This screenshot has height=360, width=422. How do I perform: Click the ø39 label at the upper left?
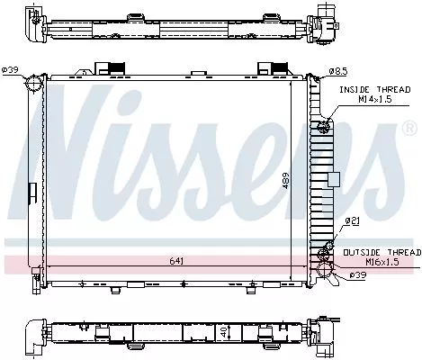[11, 70]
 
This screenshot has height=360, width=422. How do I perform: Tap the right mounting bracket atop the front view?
[269, 69]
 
